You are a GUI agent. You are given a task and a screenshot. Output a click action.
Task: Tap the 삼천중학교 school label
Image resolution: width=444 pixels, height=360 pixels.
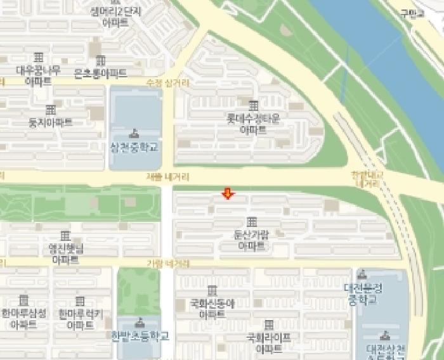point(134,146)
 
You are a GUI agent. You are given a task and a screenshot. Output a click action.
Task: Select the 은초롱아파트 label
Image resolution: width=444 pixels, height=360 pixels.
point(100,73)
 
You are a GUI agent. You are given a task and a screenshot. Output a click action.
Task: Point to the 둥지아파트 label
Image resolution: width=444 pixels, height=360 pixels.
point(50,122)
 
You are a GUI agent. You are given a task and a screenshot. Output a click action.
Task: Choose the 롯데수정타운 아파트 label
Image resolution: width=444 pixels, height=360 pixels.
point(253,123)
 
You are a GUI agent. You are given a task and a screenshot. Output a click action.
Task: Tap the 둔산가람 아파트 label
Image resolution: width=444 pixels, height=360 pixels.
point(251,240)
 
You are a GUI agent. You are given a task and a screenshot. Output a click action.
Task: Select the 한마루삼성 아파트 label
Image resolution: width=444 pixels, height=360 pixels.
point(23,318)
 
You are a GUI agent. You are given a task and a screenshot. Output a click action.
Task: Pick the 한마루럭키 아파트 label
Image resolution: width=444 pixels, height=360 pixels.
point(80,319)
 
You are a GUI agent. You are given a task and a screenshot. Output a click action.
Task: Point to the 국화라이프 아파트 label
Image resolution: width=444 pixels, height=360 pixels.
point(268,343)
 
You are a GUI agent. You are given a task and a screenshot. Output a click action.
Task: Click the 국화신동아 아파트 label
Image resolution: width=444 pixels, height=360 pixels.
point(212,308)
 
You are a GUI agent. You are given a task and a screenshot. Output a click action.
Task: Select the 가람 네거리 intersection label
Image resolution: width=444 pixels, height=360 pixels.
point(168,263)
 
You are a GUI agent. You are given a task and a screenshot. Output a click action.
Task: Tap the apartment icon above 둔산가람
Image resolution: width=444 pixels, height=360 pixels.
point(252,222)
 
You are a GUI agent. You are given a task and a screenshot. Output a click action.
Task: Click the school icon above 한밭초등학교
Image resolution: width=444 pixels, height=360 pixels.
point(140,322)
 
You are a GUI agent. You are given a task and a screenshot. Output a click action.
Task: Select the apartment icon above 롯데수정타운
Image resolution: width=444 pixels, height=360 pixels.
point(253,105)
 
